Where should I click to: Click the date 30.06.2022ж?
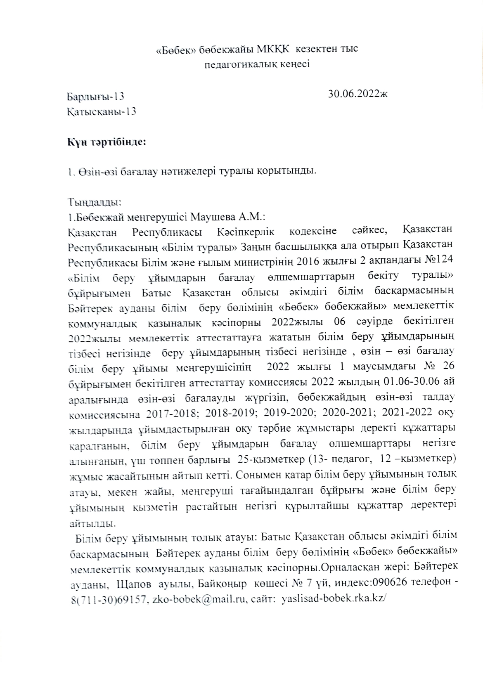coord(358,95)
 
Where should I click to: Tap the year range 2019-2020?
coord(291,413)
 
